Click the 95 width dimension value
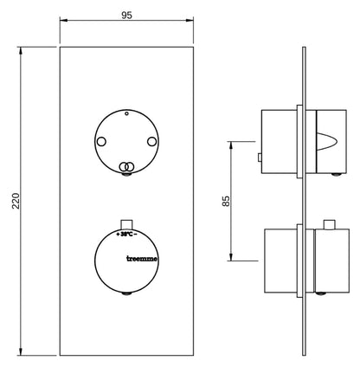126,15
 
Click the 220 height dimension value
16,201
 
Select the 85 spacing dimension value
227,201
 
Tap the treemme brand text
142,259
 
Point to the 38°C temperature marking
126,235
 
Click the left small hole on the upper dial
101,142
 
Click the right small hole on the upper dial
152,142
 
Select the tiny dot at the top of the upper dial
126,113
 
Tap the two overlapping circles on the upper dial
126,166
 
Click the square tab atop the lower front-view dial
126,224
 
